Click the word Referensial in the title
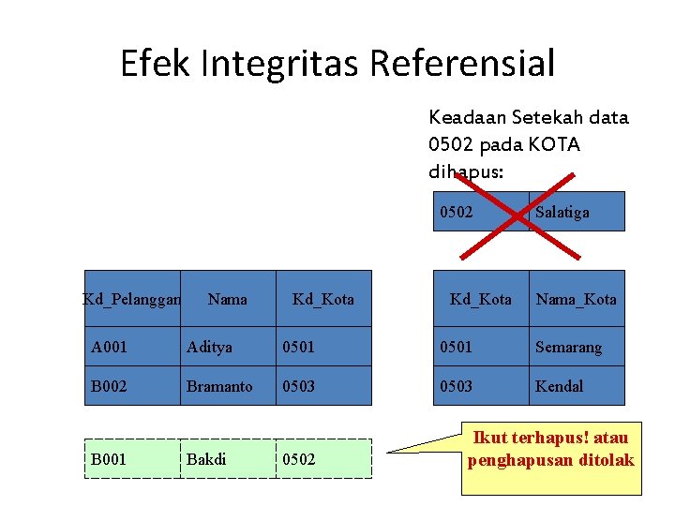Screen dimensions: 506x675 tap(462, 64)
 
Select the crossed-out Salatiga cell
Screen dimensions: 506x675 tap(576, 212)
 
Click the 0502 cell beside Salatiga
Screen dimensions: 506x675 tap(479, 212)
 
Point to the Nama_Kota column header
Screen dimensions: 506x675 tap(576, 299)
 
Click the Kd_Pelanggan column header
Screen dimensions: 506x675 tap(131, 299)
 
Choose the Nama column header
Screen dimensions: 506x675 tap(228, 299)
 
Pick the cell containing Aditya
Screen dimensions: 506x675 tap(228, 347)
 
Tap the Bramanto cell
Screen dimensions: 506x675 tap(228, 386)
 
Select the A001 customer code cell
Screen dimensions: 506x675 tap(131, 347)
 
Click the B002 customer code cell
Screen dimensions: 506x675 tap(131, 386)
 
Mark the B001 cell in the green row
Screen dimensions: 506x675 tap(131, 459)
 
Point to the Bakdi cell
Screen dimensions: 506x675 tap(228, 459)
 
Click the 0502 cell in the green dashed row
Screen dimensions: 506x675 tap(323, 459)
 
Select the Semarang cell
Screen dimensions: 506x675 tap(576, 347)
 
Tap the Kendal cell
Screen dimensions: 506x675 tap(576, 386)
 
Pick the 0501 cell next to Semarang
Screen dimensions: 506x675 tap(479, 347)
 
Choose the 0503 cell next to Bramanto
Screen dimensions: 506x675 tap(323, 386)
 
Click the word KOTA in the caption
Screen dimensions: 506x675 tap(556, 145)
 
